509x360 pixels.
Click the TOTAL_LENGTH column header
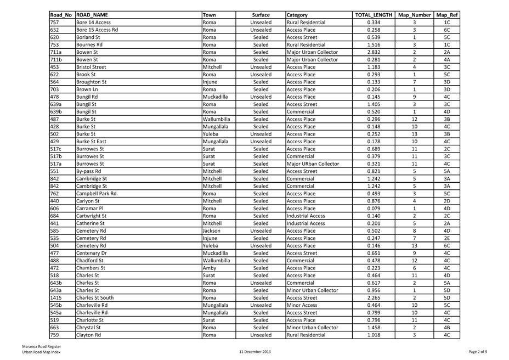(x=374, y=15)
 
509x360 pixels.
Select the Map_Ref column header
(x=447, y=15)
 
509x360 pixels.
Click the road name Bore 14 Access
(x=93, y=22)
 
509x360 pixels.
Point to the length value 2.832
(x=374, y=52)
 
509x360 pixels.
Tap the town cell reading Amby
(x=209, y=268)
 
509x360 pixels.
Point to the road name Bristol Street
(x=91, y=67)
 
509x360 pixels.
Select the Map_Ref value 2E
(x=447, y=238)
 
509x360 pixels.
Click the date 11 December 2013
(x=255, y=352)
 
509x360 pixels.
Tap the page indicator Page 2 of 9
(x=478, y=352)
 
